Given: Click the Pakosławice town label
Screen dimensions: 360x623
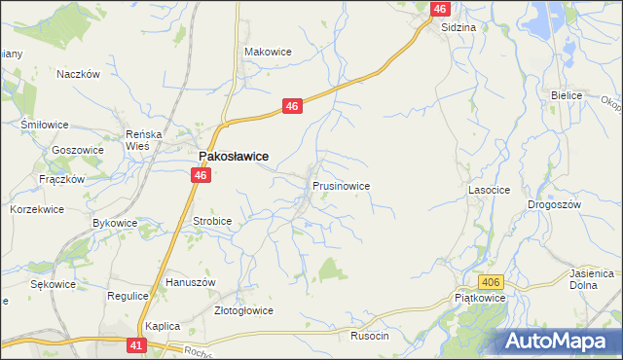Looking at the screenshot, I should coord(234,156).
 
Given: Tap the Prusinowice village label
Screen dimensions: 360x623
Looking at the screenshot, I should coord(341,184).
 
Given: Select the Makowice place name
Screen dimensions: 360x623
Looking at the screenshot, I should coord(268,52).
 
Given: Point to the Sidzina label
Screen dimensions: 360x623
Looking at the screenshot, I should coord(458,27).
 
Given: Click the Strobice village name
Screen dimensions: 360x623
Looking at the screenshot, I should coord(212,221).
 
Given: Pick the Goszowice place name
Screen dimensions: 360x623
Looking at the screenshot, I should coord(78,151).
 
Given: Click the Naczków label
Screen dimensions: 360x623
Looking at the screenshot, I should coord(80,74).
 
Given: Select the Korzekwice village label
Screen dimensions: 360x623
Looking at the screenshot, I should coord(37,209).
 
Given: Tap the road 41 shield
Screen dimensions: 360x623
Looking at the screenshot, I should coord(137,344).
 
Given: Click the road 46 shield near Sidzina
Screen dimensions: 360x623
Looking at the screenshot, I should coord(440,9).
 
